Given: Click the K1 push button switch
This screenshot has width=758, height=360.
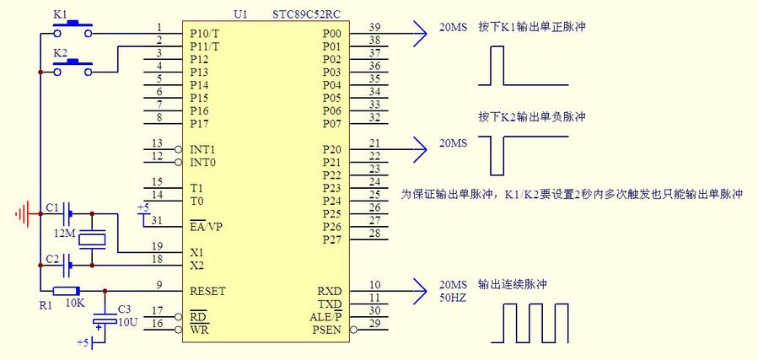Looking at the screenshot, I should tap(73, 30).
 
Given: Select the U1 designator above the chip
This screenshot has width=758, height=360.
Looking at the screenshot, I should tap(241, 15).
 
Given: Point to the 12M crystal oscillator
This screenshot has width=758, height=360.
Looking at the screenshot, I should tap(92, 239).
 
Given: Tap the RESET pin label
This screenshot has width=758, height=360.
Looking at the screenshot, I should tap(208, 291).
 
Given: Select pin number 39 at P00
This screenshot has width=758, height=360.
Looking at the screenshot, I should tap(374, 27).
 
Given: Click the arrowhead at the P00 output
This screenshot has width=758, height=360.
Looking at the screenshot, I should tap(421, 34).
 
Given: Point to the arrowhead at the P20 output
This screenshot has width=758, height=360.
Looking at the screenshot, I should tap(421, 150).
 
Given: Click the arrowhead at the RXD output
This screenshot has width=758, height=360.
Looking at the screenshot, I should tap(421, 292).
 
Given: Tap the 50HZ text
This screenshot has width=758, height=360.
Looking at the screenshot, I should tap(453, 298).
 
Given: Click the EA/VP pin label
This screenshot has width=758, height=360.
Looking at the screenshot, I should tap(207, 227).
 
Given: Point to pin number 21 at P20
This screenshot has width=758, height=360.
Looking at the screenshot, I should tap(374, 143).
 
